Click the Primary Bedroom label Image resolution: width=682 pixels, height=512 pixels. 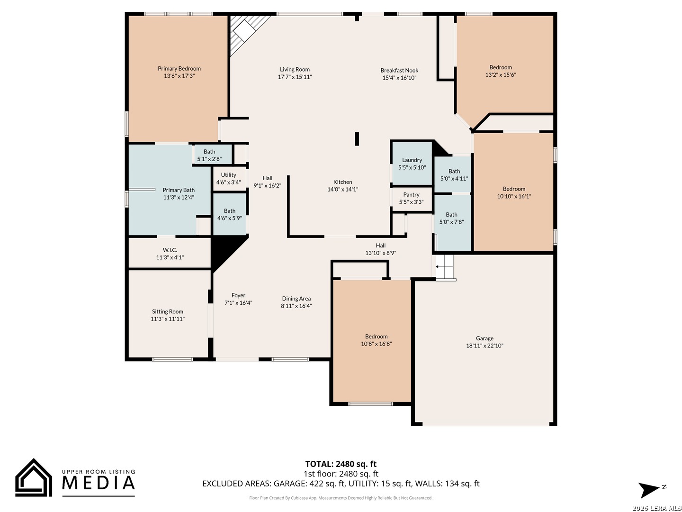pyautogui.click(x=179, y=68)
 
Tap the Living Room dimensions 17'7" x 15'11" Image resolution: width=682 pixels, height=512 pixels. pyautogui.click(x=295, y=77)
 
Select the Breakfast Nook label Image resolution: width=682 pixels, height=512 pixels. pyautogui.click(x=399, y=70)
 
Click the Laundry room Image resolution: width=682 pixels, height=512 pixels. pyautogui.click(x=412, y=163)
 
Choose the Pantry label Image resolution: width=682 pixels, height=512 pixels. pyautogui.click(x=411, y=194)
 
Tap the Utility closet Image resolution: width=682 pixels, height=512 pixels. pyautogui.click(x=228, y=178)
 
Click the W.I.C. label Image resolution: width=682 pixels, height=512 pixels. pyautogui.click(x=170, y=250)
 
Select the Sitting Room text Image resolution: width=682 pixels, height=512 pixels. pyautogui.click(x=168, y=311)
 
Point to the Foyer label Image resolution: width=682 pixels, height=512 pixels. pyautogui.click(x=238, y=295)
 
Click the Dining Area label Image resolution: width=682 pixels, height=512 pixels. pyautogui.click(x=296, y=299)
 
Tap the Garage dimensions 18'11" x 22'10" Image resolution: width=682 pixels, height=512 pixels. pyautogui.click(x=485, y=346)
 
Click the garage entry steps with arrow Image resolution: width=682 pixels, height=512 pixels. pyautogui.click(x=444, y=266)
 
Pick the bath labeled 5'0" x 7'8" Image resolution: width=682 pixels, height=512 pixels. pyautogui.click(x=452, y=223)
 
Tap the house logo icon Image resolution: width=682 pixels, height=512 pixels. pyautogui.click(x=34, y=477)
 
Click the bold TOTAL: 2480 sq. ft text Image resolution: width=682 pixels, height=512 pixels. pyautogui.click(x=341, y=464)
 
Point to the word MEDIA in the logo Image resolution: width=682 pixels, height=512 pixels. pyautogui.click(x=99, y=483)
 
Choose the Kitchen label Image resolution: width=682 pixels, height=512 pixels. pyautogui.click(x=343, y=182)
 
